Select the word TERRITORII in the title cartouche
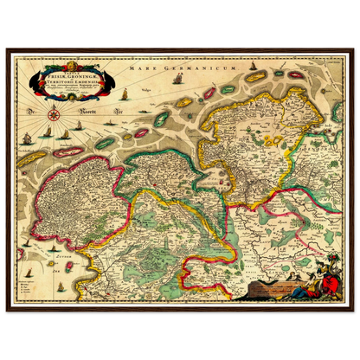pos(61,81)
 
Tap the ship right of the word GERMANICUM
pos(178,79)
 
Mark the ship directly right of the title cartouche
pos(124,93)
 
